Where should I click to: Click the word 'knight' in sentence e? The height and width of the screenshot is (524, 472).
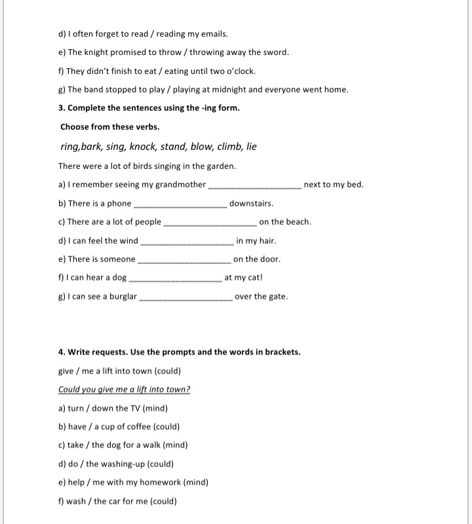point(98,52)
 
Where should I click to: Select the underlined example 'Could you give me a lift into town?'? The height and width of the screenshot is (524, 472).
point(125,389)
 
